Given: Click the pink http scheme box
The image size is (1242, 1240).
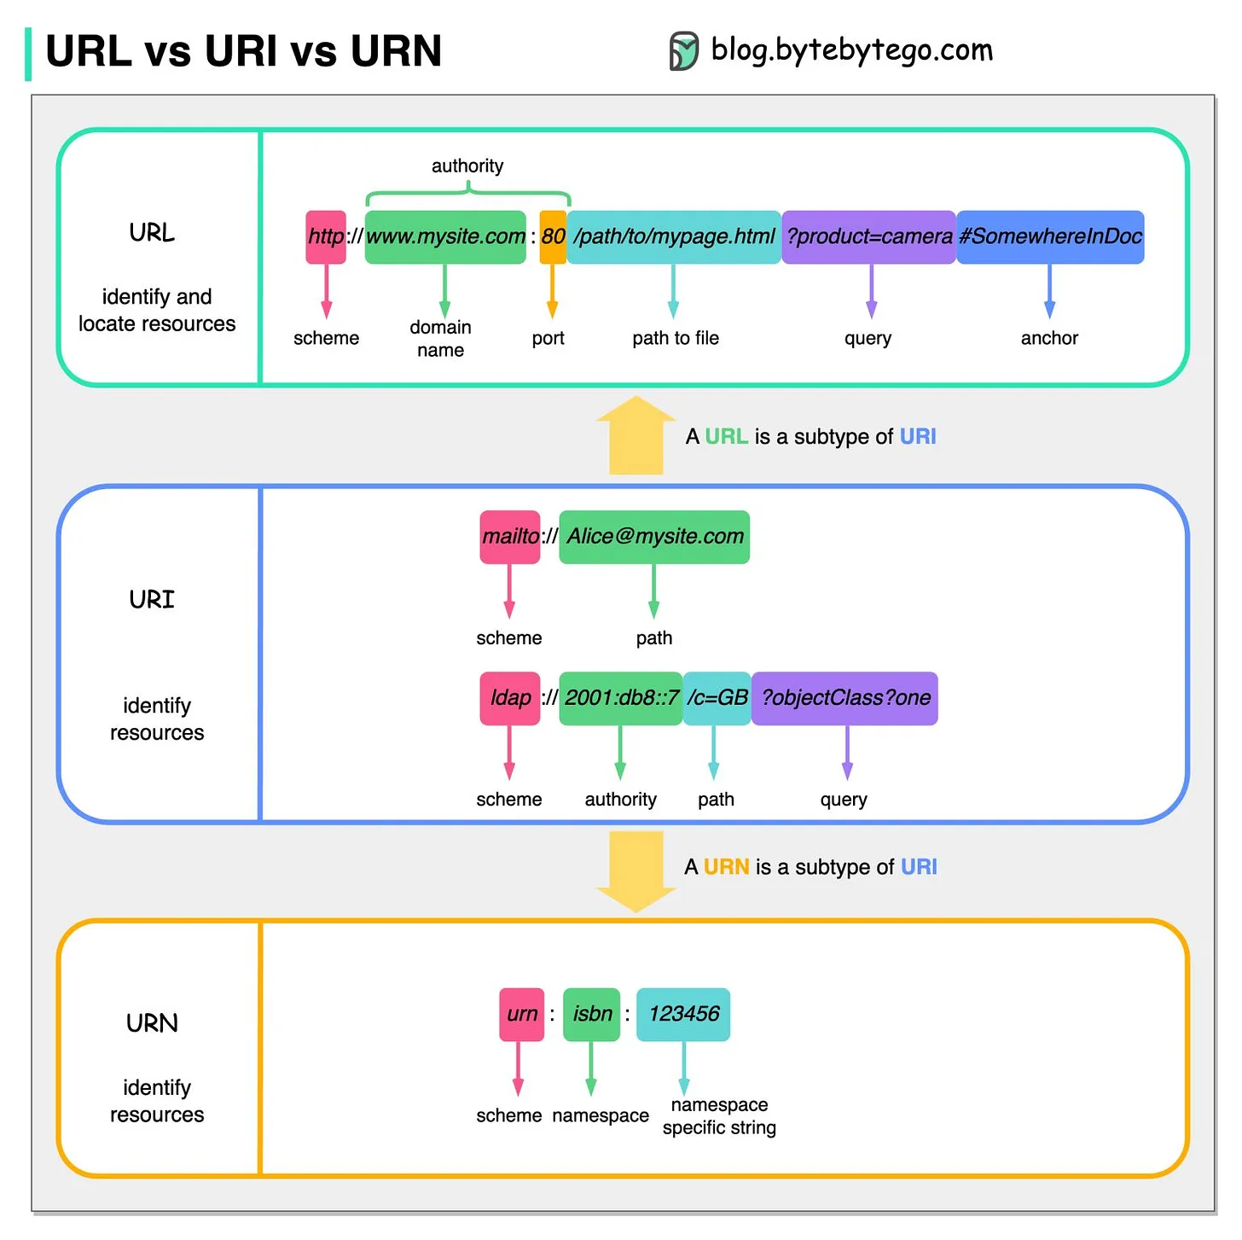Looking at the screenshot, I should click(x=326, y=237).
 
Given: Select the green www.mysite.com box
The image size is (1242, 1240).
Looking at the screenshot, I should click(x=445, y=237).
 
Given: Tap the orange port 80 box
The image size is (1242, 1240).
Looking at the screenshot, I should click(x=553, y=237).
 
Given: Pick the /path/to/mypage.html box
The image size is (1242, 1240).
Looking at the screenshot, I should click(x=674, y=237).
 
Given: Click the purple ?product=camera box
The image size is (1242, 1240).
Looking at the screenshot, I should click(x=868, y=237).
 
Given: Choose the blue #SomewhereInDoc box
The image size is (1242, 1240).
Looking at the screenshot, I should click(x=1050, y=237).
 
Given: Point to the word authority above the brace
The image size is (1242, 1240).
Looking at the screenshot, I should click(x=467, y=166).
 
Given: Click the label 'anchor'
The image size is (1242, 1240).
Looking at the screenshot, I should click(x=1049, y=338).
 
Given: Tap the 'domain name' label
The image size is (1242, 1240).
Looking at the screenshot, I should click(x=440, y=339).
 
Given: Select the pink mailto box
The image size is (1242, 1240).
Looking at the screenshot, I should click(x=510, y=537).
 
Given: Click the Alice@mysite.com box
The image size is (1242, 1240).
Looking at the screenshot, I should click(x=654, y=537).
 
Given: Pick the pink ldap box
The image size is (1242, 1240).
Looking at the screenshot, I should click(x=510, y=698).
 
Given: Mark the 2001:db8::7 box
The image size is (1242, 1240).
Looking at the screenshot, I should click(x=620, y=698).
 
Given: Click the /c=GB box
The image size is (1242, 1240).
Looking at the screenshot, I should click(x=717, y=698).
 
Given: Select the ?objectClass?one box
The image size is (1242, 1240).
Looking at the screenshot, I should click(x=844, y=698).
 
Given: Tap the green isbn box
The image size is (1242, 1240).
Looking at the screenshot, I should click(x=592, y=1014).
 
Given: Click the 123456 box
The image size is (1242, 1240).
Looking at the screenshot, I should click(x=683, y=1014).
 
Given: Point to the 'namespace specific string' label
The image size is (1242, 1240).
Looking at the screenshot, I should click(x=719, y=1116).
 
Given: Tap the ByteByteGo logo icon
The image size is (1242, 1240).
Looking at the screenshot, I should click(x=683, y=51).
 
